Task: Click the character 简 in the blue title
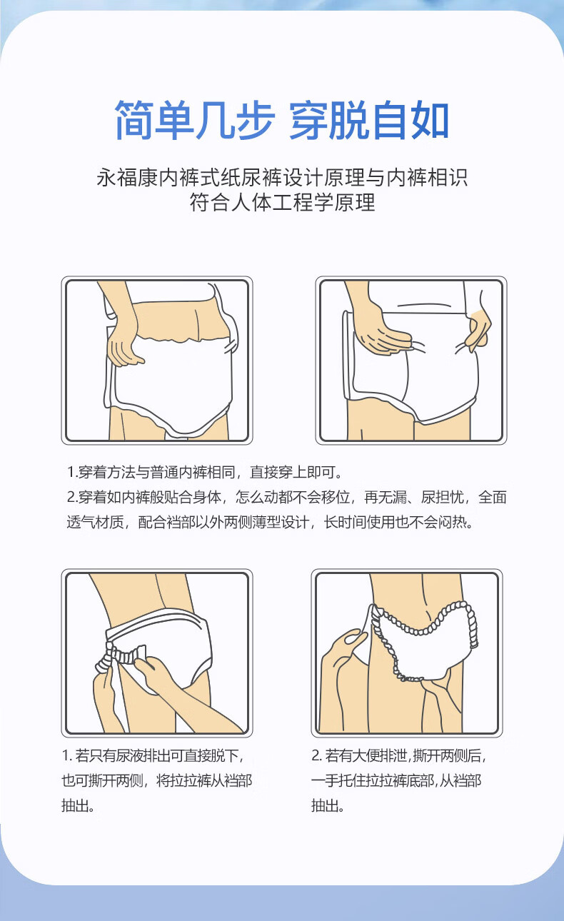click(134, 119)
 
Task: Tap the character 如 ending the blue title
click(429, 119)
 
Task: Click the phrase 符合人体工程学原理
click(282, 202)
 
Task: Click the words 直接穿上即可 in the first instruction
click(296, 472)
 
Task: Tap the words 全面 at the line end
click(492, 497)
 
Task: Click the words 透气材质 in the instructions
click(95, 522)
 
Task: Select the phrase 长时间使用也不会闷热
click(398, 522)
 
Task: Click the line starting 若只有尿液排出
click(153, 755)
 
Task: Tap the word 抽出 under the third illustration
click(75, 805)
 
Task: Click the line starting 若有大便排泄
click(399, 755)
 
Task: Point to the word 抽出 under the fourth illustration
click(325, 805)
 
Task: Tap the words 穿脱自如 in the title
click(369, 119)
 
